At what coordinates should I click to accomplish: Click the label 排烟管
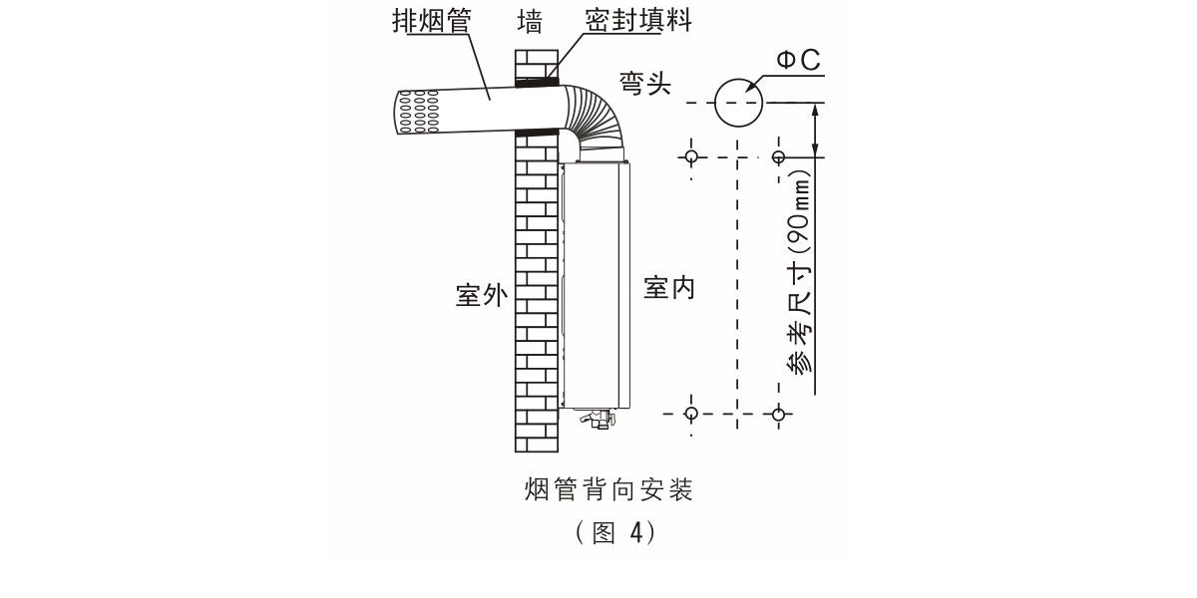pos(431,21)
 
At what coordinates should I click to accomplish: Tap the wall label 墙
pos(529,21)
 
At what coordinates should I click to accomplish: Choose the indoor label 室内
pos(668,289)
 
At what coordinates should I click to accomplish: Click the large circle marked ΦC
pos(738,103)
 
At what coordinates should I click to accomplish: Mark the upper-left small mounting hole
pos(691,155)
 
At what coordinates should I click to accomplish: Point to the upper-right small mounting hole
pos(779,155)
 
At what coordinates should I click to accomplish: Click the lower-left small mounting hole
pos(691,413)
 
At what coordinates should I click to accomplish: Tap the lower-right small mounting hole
pos(779,413)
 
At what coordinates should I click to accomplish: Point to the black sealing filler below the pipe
pos(537,131)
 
